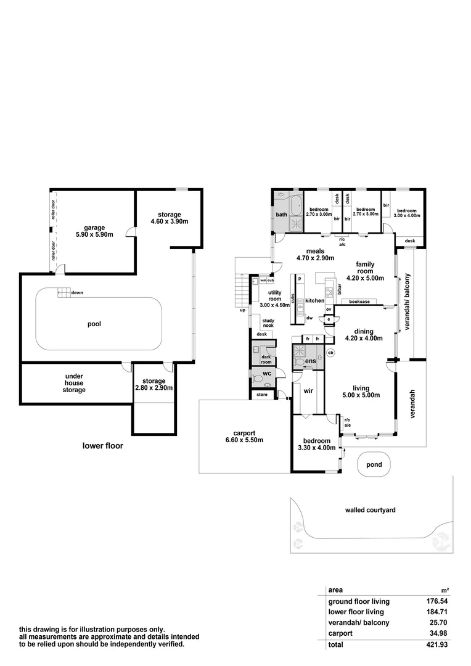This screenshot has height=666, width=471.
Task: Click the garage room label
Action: pyautogui.click(x=95, y=230)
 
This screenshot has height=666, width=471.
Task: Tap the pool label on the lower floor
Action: pyautogui.click(x=94, y=324)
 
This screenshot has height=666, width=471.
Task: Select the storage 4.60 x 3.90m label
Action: pyautogui.click(x=169, y=218)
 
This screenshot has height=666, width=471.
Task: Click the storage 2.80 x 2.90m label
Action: pyautogui.click(x=154, y=384)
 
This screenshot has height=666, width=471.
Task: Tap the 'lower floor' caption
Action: pyautogui.click(x=103, y=445)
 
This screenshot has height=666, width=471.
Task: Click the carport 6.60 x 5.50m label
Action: pyautogui.click(x=244, y=437)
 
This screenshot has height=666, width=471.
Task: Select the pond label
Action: pyautogui.click(x=374, y=464)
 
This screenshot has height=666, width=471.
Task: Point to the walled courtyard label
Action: pyautogui.click(x=370, y=510)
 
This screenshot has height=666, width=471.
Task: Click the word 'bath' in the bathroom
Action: pyautogui.click(x=281, y=215)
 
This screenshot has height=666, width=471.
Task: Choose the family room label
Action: pyautogui.click(x=365, y=271)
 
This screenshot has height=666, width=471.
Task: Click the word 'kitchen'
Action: pyautogui.click(x=314, y=300)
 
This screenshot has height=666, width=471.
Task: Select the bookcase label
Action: pyautogui.click(x=359, y=302)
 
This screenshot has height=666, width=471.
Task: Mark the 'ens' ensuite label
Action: pyautogui.click(x=311, y=360)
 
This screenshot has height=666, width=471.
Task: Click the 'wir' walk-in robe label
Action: pyautogui.click(x=309, y=390)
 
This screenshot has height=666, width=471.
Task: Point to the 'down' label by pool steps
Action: pyautogui.click(x=77, y=293)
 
